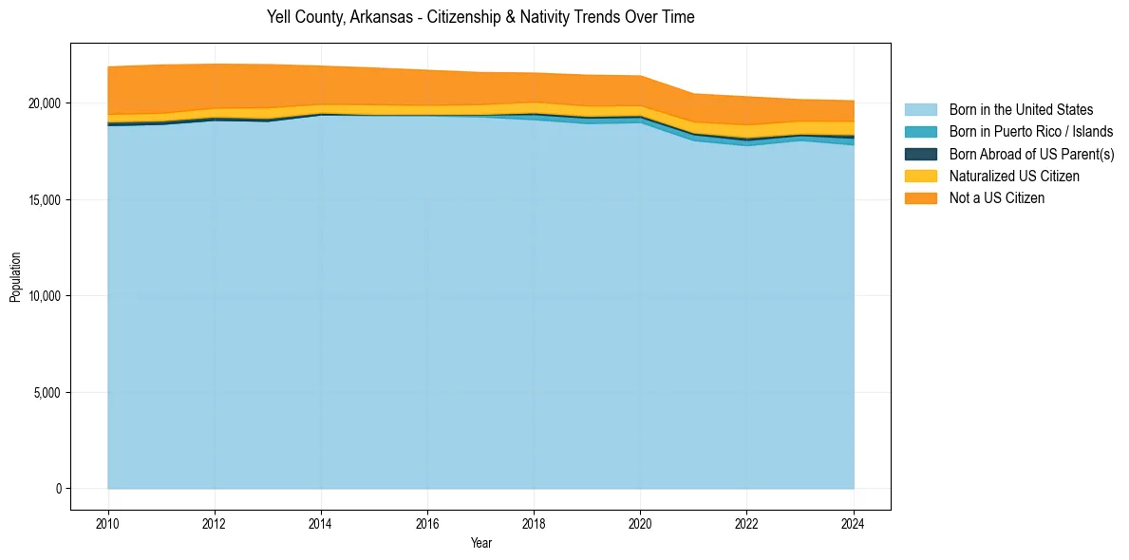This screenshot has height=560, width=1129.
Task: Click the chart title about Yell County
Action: pyautogui.click(x=480, y=17)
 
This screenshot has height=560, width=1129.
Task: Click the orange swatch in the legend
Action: pyautogui.click(x=920, y=198)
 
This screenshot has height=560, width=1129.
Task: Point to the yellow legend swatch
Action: pyautogui.click(x=920, y=177)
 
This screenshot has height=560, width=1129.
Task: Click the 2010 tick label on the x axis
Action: pyautogui.click(x=108, y=523)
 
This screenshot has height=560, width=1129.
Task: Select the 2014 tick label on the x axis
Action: pyautogui.click(x=321, y=523)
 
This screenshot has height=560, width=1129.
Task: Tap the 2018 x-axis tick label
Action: pyautogui.click(x=535, y=523)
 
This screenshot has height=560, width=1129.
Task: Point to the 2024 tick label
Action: pyautogui.click(x=854, y=523)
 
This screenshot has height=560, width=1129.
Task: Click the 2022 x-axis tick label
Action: pyautogui.click(x=747, y=523)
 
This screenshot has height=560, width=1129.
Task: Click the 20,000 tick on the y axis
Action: pyautogui.click(x=45, y=103)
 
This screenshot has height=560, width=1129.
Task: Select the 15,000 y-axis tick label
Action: pyautogui.click(x=45, y=199)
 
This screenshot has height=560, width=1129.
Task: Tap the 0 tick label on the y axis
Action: pyautogui.click(x=58, y=489)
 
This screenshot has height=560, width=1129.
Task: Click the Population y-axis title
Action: pyautogui.click(x=15, y=276)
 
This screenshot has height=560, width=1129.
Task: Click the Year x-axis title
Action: pyautogui.click(x=480, y=543)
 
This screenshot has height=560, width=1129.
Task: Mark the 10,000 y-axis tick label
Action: pyautogui.click(x=45, y=296)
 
